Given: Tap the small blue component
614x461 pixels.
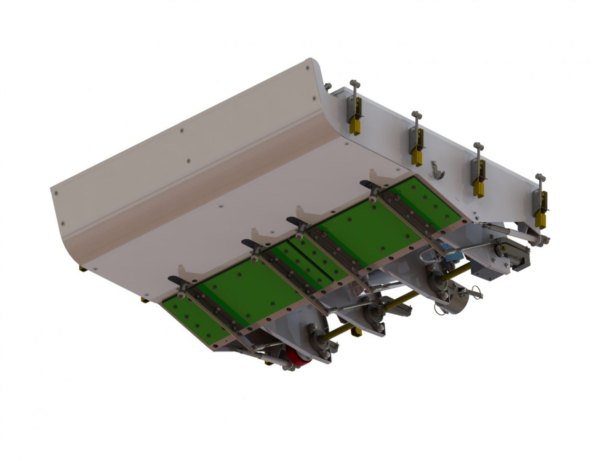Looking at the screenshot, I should click(451, 256).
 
